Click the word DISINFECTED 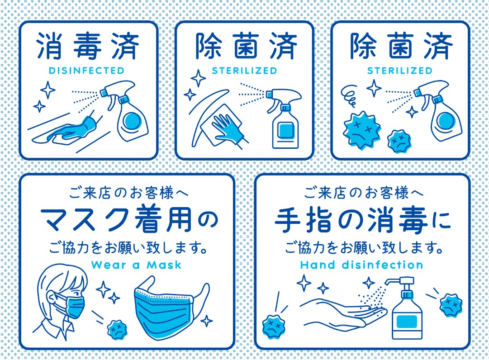(86, 71)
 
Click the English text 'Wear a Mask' (136, 265)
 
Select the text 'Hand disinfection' (361, 265)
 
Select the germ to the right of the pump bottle (451, 304)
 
